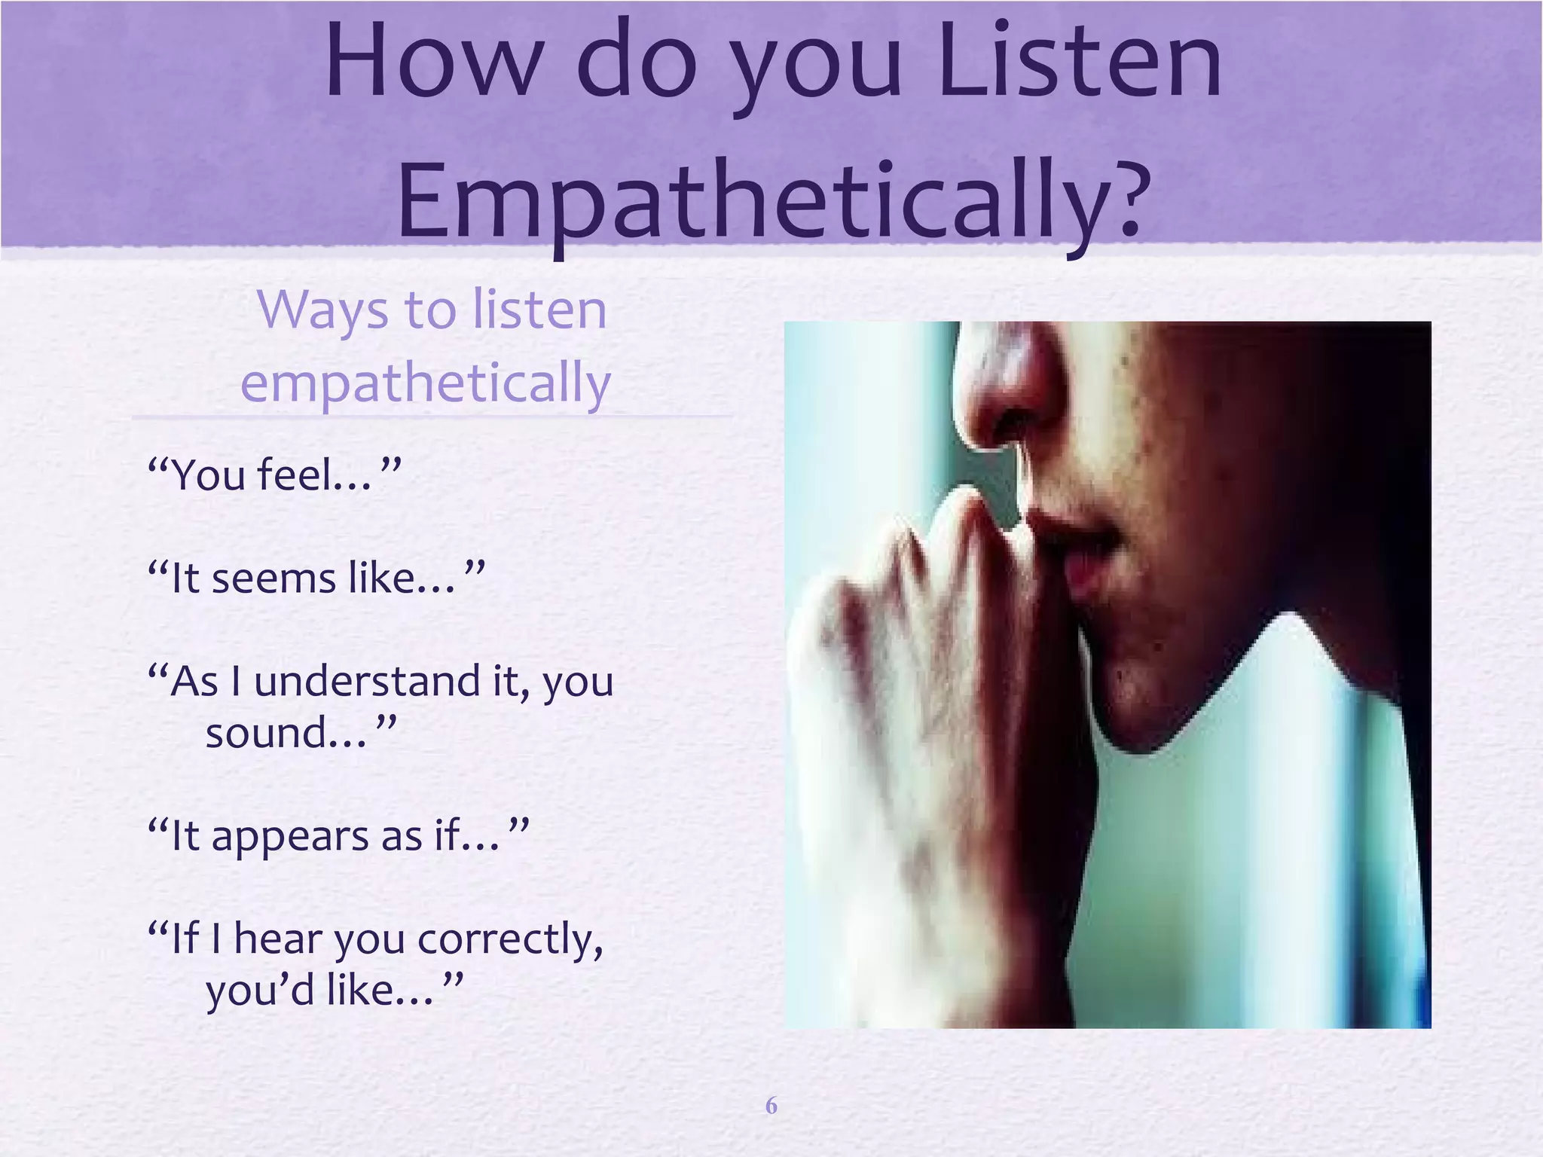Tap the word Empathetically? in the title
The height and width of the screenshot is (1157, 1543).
[774, 202]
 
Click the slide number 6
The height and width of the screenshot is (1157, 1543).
[771, 1105]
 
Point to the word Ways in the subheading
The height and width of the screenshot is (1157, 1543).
[323, 310]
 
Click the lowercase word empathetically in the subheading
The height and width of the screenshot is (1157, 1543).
[425, 383]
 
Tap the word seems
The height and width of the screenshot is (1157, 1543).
[273, 578]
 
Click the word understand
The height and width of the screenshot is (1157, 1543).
[367, 682]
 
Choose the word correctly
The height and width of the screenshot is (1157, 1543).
[510, 939]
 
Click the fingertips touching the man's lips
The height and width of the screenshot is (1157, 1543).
[979, 512]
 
